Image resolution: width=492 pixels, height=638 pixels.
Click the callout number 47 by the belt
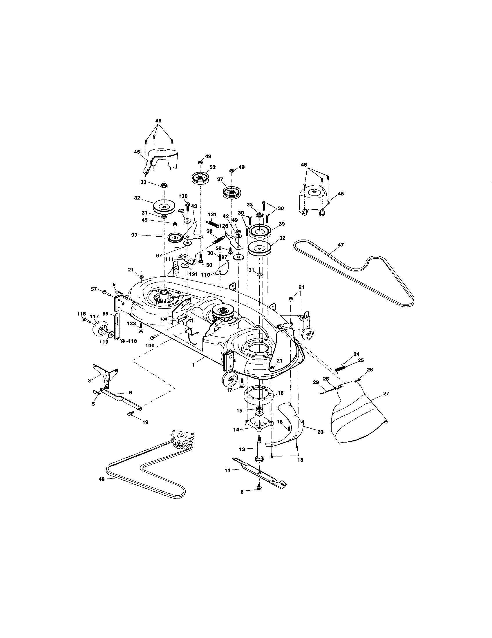point(341,245)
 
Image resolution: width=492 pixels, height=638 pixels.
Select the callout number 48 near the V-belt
point(101,479)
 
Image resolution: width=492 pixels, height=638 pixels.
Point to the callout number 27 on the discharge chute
point(386,394)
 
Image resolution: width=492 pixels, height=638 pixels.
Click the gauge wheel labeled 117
point(99,330)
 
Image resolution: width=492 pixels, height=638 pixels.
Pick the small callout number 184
point(164,319)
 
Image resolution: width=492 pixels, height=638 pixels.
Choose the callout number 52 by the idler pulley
point(212,167)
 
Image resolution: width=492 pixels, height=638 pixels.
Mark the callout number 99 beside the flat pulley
point(134,235)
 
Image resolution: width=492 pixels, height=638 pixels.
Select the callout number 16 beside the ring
point(281,393)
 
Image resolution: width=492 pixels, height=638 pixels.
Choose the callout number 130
point(183,196)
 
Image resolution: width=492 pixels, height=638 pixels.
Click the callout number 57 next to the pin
point(93,289)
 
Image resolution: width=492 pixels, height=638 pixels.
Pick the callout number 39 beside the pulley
point(282,224)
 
